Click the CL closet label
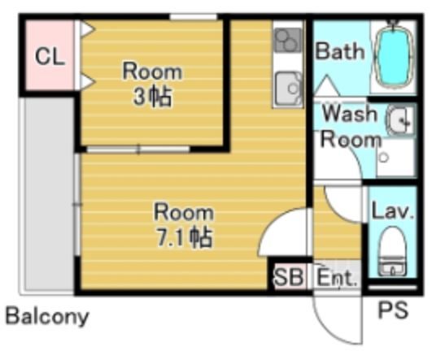coord(50,56)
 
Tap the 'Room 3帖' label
coord(152,85)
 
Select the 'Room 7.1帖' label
coord(184,224)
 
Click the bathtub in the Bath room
coord(394,55)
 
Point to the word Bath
coord(340,51)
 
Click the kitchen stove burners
coord(288,40)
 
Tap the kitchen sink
coord(289,89)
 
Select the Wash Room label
coord(351,127)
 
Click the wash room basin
coord(401,120)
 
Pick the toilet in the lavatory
coord(393,251)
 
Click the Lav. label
coord(392,211)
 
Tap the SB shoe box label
coord(289,277)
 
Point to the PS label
coord(393,310)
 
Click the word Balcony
coord(47,316)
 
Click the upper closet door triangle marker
coord(88,29)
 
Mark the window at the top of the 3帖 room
coord(194,17)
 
